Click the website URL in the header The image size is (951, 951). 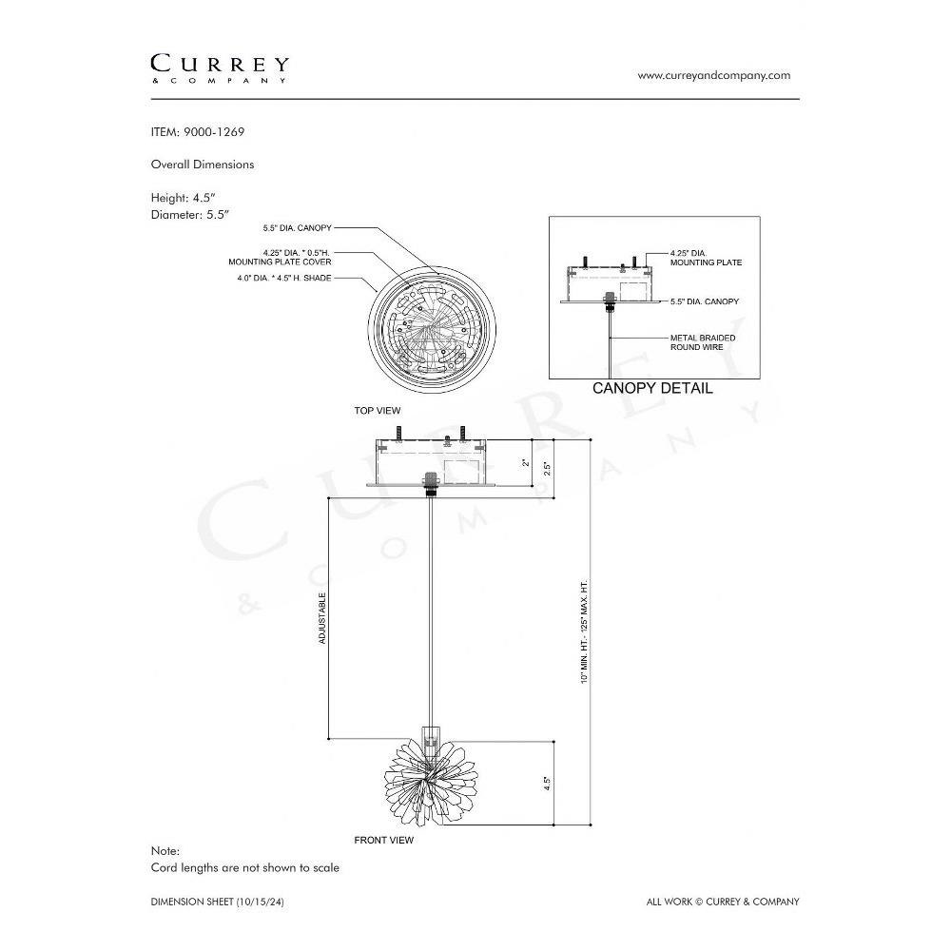click(x=714, y=76)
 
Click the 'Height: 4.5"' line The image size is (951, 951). click(x=184, y=198)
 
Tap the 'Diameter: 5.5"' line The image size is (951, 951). click(x=190, y=215)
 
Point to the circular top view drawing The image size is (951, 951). click(x=432, y=330)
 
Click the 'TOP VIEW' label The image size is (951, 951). click(x=378, y=411)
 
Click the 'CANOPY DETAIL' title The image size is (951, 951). click(x=652, y=388)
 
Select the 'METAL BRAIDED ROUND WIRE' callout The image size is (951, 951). click(x=703, y=342)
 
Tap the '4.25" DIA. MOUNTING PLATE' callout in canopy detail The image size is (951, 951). click(x=706, y=258)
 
